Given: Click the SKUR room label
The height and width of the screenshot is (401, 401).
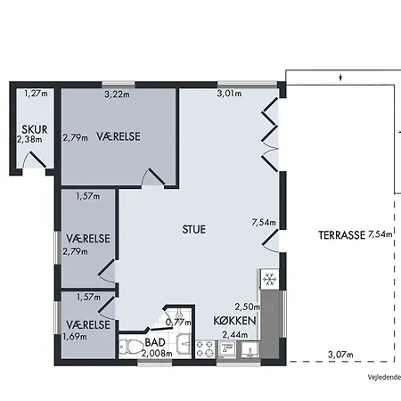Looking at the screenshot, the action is point(35,129).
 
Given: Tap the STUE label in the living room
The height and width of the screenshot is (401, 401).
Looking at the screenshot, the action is point(193,229).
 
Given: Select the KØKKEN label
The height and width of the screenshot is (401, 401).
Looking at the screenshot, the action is point(234,321).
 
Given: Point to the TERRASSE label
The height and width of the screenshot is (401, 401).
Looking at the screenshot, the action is point(341,235).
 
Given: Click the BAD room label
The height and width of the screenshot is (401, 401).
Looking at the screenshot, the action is point(155,342).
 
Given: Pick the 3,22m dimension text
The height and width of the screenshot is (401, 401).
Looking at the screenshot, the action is point(117,94).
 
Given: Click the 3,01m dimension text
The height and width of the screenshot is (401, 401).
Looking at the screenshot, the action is point(229,94).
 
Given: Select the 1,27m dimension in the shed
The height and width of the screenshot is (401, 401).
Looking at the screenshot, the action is point(36,94).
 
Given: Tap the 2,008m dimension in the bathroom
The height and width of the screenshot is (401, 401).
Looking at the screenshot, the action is point(157,354).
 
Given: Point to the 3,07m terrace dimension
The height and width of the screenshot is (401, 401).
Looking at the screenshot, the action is point(340,355).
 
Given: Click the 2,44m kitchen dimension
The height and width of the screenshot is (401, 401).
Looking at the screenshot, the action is point(235,335).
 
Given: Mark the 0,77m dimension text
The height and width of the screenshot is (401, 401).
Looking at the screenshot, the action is point(178,322).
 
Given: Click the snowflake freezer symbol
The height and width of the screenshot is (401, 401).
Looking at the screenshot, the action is point(270,280).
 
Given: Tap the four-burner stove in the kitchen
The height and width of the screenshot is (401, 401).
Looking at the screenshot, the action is point(205,348).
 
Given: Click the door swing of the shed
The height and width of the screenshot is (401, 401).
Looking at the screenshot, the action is point(33,160).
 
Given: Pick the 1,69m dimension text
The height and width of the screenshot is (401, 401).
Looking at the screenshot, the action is point(75,337).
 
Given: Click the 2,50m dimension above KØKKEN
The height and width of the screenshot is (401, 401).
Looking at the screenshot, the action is point(248,307).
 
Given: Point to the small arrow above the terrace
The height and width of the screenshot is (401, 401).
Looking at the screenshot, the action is point(341,78).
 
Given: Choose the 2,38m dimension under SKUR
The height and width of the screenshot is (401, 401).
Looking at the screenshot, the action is point(29,139).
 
